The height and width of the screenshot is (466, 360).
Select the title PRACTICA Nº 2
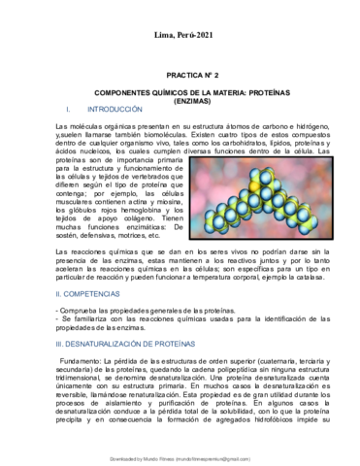click(x=180, y=73)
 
